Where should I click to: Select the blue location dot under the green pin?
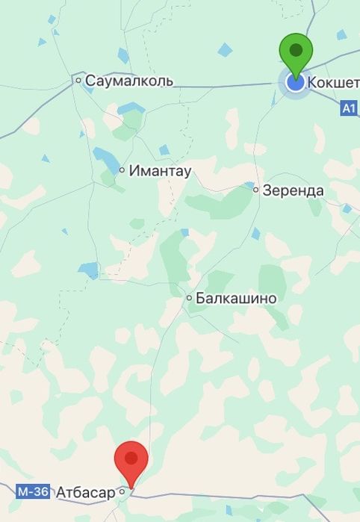coord(296,82)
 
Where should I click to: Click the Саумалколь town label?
coord(128,81)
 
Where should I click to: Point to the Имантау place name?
coord(160,171)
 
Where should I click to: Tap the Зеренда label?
coord(292,190)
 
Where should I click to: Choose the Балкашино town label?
coord(236,299)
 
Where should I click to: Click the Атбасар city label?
coord(85,493)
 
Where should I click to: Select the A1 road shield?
coord(349,108)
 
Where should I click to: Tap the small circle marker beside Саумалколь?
coord(78,79)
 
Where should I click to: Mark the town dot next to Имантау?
coord(122,170)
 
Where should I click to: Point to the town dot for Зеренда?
coord(255,190)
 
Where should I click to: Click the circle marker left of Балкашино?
coord(189,298)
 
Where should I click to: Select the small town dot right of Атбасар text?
coord(121,492)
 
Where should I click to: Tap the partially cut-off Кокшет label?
coord(333,81)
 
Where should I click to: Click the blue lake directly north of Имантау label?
coord(164,149)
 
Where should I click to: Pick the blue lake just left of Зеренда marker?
coord(248,184)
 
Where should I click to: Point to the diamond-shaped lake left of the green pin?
coord(225,50)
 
